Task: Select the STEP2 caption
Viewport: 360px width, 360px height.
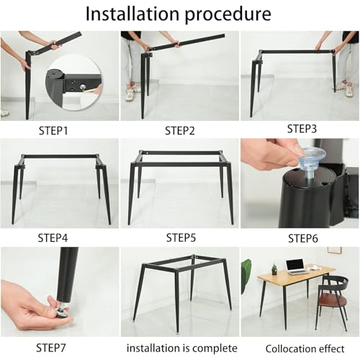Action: pos(179,130)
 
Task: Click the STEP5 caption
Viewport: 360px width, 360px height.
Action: pos(181,237)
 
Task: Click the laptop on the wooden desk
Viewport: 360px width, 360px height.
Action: pos(296,265)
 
